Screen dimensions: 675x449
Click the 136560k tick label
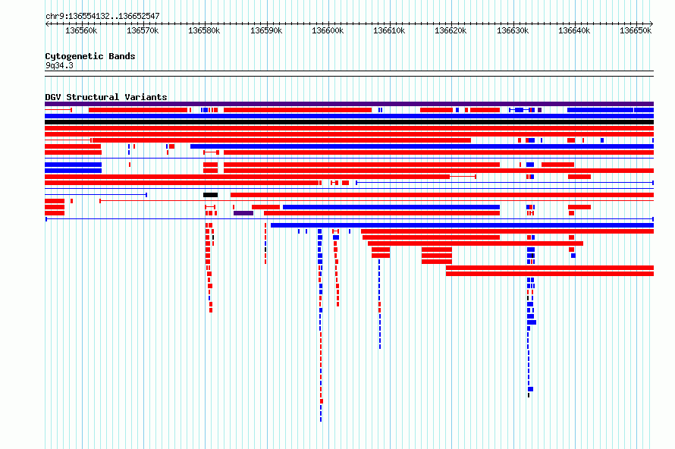click(x=81, y=30)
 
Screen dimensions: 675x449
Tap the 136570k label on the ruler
click(x=143, y=30)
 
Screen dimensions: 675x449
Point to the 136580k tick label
click(x=204, y=30)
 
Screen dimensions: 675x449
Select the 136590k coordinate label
click(x=266, y=30)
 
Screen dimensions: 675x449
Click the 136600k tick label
click(x=328, y=30)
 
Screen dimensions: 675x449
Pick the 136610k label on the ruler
click(x=389, y=30)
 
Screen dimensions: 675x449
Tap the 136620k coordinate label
click(x=451, y=30)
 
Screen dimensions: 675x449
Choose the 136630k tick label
click(x=513, y=30)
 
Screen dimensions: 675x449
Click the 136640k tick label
click(x=574, y=30)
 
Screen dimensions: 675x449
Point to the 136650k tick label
click(x=636, y=30)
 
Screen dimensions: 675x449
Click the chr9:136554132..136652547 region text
click(x=102, y=16)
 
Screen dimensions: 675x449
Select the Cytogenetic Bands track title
click(x=90, y=56)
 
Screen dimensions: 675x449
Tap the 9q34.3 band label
click(x=59, y=65)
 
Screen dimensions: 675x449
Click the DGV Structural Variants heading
click(x=106, y=97)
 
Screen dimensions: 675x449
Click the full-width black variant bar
click(x=349, y=122)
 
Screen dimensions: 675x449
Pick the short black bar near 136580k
click(x=211, y=195)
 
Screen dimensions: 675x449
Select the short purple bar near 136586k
click(x=243, y=213)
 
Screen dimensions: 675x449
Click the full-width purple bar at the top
click(x=349, y=104)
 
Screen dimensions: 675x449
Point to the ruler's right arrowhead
click(x=651, y=24)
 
